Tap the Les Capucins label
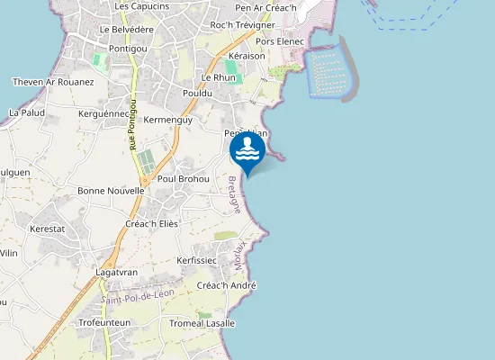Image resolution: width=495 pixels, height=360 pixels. pos(141,6)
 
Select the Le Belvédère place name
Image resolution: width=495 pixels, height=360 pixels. pos(127,30)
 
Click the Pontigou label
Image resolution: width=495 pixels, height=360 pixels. pos(126,48)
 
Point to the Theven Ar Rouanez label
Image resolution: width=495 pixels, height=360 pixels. pos(54,82)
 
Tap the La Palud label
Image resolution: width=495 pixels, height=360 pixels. pos(26,112)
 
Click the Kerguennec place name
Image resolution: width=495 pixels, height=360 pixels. pos(103,114)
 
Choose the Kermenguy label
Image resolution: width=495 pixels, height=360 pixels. pos(168,120)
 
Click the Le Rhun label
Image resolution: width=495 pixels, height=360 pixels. pos(219,77)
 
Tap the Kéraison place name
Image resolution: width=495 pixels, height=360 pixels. pos(247,56)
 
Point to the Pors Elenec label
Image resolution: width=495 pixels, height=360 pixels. pos(280,41)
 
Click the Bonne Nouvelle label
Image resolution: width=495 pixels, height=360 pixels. pos(112,191)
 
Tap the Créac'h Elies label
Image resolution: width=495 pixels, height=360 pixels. pos(152,223)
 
